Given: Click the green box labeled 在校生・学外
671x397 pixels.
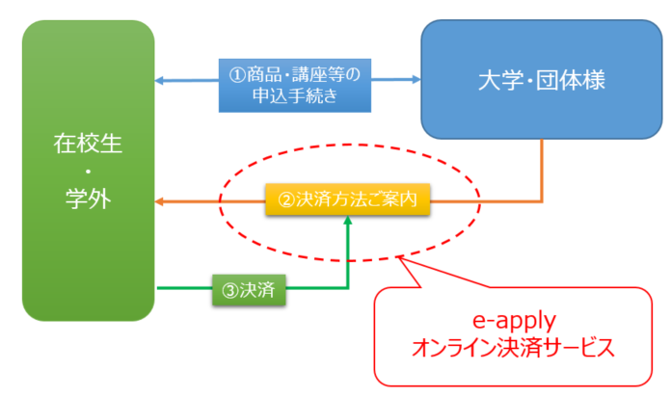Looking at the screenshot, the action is (88, 171).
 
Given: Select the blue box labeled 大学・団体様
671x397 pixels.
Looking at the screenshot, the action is (542, 79).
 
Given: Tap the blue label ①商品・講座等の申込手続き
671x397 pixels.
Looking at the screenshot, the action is (295, 86).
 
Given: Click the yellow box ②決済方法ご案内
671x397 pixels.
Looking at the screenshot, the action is (347, 199).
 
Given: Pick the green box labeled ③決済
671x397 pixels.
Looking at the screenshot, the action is (249, 290).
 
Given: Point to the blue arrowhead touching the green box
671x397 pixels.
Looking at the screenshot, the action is (159, 80).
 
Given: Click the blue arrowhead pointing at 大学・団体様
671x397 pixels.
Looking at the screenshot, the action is (416, 79).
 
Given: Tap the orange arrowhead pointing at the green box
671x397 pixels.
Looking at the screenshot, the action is (159, 201).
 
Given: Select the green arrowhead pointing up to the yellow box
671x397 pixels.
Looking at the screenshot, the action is (348, 220).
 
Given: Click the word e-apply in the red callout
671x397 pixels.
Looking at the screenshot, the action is (514, 321).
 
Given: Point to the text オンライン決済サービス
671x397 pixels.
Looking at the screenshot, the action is (513, 347).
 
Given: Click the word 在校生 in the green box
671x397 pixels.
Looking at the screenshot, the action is (88, 144).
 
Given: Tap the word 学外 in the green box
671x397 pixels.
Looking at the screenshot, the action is (88, 198).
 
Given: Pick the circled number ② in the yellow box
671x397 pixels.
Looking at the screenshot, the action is (286, 199).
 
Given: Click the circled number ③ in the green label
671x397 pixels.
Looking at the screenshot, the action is (230, 290).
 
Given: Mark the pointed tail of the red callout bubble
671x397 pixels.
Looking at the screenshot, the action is (399, 256).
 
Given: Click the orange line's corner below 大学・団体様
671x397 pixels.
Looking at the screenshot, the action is (542, 201).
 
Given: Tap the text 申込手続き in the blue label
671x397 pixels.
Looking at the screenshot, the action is (295, 95).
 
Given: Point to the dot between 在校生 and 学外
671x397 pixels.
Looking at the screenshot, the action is (88, 172).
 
